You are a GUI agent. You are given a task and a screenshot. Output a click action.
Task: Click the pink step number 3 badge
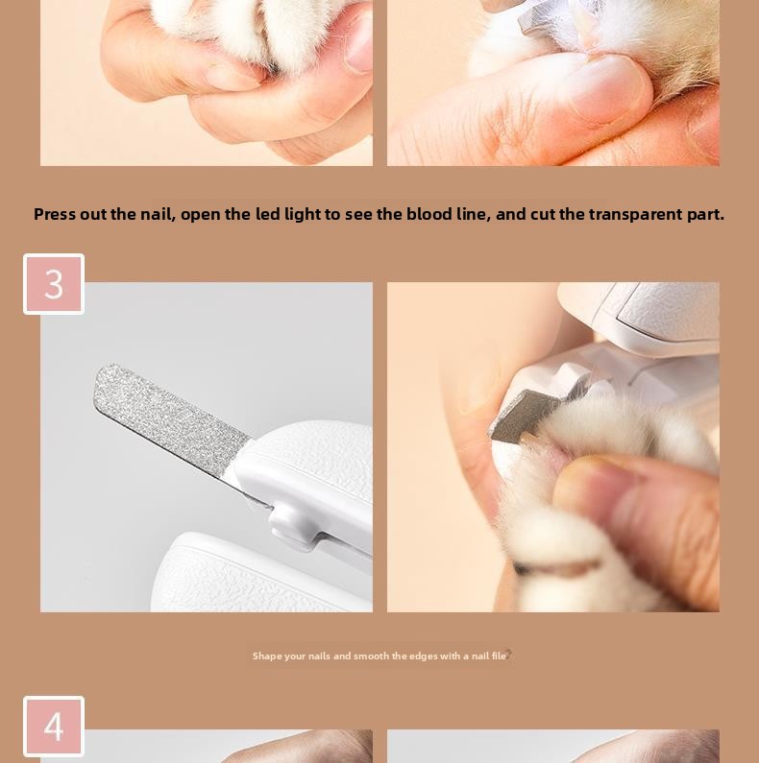pos(54,284)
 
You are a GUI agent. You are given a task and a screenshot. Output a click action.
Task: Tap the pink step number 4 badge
pos(54,727)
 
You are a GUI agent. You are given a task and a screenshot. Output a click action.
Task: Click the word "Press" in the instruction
pos(55,214)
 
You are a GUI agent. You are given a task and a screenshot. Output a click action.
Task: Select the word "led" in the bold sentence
pos(267,214)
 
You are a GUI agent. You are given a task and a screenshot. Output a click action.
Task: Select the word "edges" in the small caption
pos(423,656)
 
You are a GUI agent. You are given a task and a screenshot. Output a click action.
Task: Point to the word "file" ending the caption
pos(499,656)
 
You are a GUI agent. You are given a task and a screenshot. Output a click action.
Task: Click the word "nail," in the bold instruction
pos(158,215)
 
